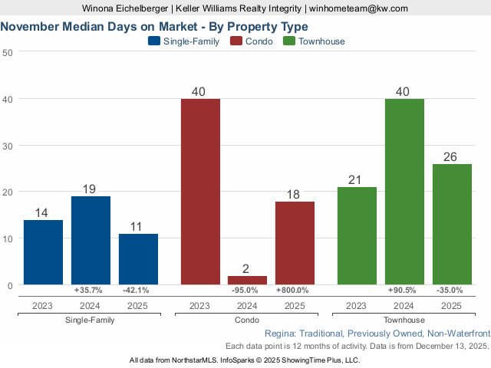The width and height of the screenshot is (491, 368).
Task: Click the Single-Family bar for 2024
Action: [x=91, y=240]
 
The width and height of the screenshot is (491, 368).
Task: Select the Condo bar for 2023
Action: [x=200, y=192]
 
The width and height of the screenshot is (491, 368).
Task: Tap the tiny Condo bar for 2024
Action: [x=248, y=281]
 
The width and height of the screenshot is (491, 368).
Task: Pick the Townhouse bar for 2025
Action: [x=452, y=224]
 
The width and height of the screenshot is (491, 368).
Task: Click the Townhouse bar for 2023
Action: [x=357, y=235]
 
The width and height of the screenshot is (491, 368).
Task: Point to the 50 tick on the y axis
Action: [x=8, y=52]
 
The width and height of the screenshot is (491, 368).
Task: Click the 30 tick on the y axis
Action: [x=8, y=146]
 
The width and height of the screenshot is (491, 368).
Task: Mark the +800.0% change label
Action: [x=295, y=291]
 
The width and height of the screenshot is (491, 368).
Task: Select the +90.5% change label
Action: [x=404, y=291]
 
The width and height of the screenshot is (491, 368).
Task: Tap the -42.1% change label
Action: [x=138, y=291]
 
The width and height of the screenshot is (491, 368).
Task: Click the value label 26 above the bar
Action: [x=451, y=156]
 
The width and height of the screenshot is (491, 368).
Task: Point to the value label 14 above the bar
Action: [x=43, y=212]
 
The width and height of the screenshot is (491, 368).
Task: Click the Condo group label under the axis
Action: [x=248, y=320]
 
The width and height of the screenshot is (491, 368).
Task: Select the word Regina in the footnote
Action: [x=279, y=334]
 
